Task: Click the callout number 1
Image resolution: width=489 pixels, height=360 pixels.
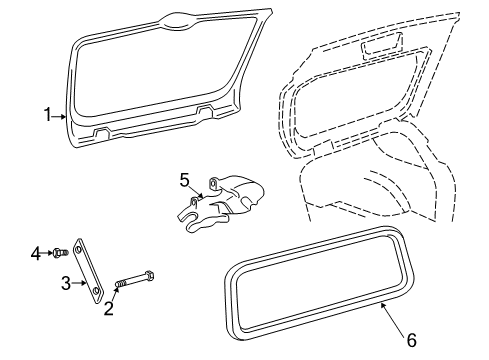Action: [x=48, y=115]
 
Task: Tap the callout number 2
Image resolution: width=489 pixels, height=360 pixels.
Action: [x=109, y=308]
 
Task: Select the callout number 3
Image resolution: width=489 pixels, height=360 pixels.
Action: [x=66, y=283]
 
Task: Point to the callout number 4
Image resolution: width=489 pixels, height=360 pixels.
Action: [x=36, y=254]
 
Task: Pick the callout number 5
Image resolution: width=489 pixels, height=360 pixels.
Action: [x=184, y=180]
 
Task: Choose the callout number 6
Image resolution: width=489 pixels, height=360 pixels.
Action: [x=412, y=340]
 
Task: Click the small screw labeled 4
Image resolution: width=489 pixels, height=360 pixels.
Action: [x=60, y=253]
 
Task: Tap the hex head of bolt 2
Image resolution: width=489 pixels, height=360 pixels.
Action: [x=150, y=276]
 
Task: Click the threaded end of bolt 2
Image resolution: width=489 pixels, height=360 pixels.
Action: [x=121, y=284]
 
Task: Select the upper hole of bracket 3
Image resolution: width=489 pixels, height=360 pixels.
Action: [x=79, y=250]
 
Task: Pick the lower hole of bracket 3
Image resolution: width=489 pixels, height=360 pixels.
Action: [x=96, y=291]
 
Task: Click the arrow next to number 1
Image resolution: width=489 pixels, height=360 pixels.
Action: [x=59, y=116]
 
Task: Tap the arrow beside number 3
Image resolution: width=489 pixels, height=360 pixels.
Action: [x=79, y=283]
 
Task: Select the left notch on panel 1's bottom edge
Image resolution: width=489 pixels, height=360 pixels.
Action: [x=102, y=133]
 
